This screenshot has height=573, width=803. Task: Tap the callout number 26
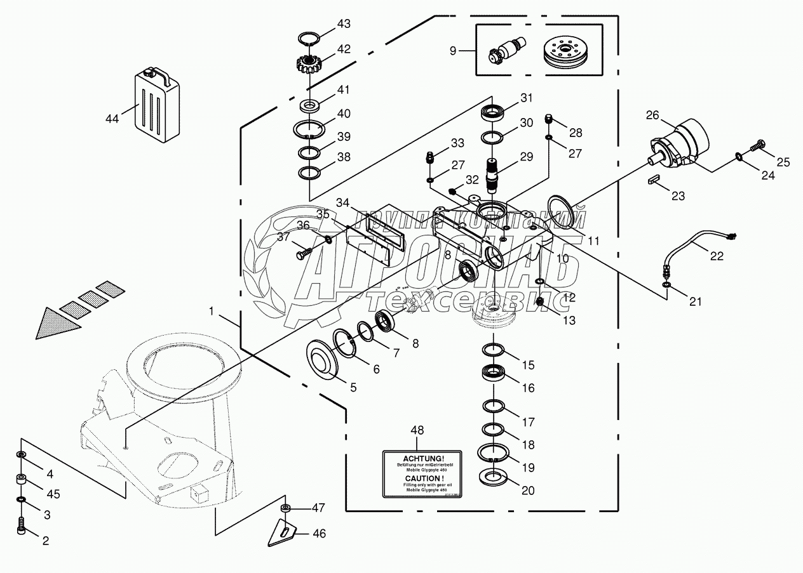(x=652, y=115)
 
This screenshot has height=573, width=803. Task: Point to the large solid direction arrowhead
(x=57, y=324)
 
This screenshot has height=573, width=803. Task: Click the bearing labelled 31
(x=494, y=113)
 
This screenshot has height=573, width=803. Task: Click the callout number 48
(x=415, y=430)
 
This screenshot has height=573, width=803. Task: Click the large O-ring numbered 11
(x=562, y=211)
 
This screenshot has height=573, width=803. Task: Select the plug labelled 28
(x=550, y=119)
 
